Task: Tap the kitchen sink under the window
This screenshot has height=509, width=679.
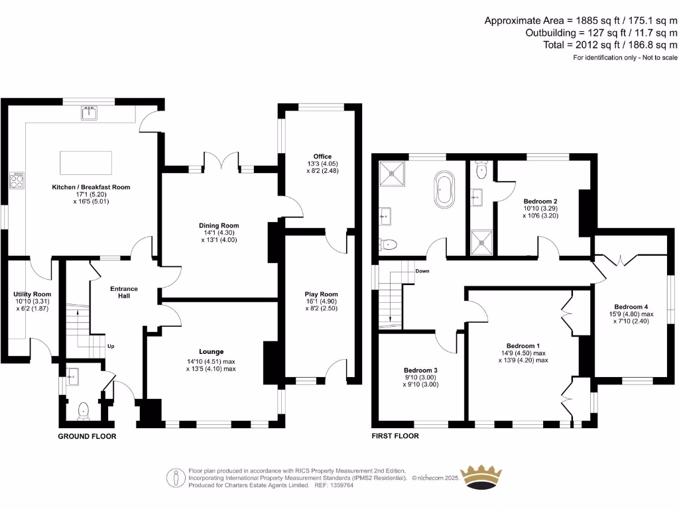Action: [x=90, y=114]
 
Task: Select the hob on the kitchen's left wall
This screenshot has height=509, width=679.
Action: [x=17, y=180]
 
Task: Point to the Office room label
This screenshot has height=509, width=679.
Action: [x=322, y=156]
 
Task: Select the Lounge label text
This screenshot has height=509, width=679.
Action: [x=212, y=351]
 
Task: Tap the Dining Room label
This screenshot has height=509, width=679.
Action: [x=219, y=225]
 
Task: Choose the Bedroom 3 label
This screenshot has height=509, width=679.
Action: [x=420, y=370]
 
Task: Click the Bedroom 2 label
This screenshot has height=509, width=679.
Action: [x=540, y=201]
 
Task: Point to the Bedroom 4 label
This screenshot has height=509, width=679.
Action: [x=631, y=307]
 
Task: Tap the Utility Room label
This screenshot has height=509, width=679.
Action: [x=32, y=294]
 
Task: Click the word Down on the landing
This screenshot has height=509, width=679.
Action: [x=422, y=271]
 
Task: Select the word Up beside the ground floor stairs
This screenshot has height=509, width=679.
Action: [x=111, y=346]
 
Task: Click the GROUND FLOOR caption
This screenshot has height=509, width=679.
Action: [x=87, y=436]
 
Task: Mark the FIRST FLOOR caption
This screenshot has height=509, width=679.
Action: [x=395, y=436]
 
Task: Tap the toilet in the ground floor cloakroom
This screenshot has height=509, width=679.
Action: [x=83, y=411]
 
